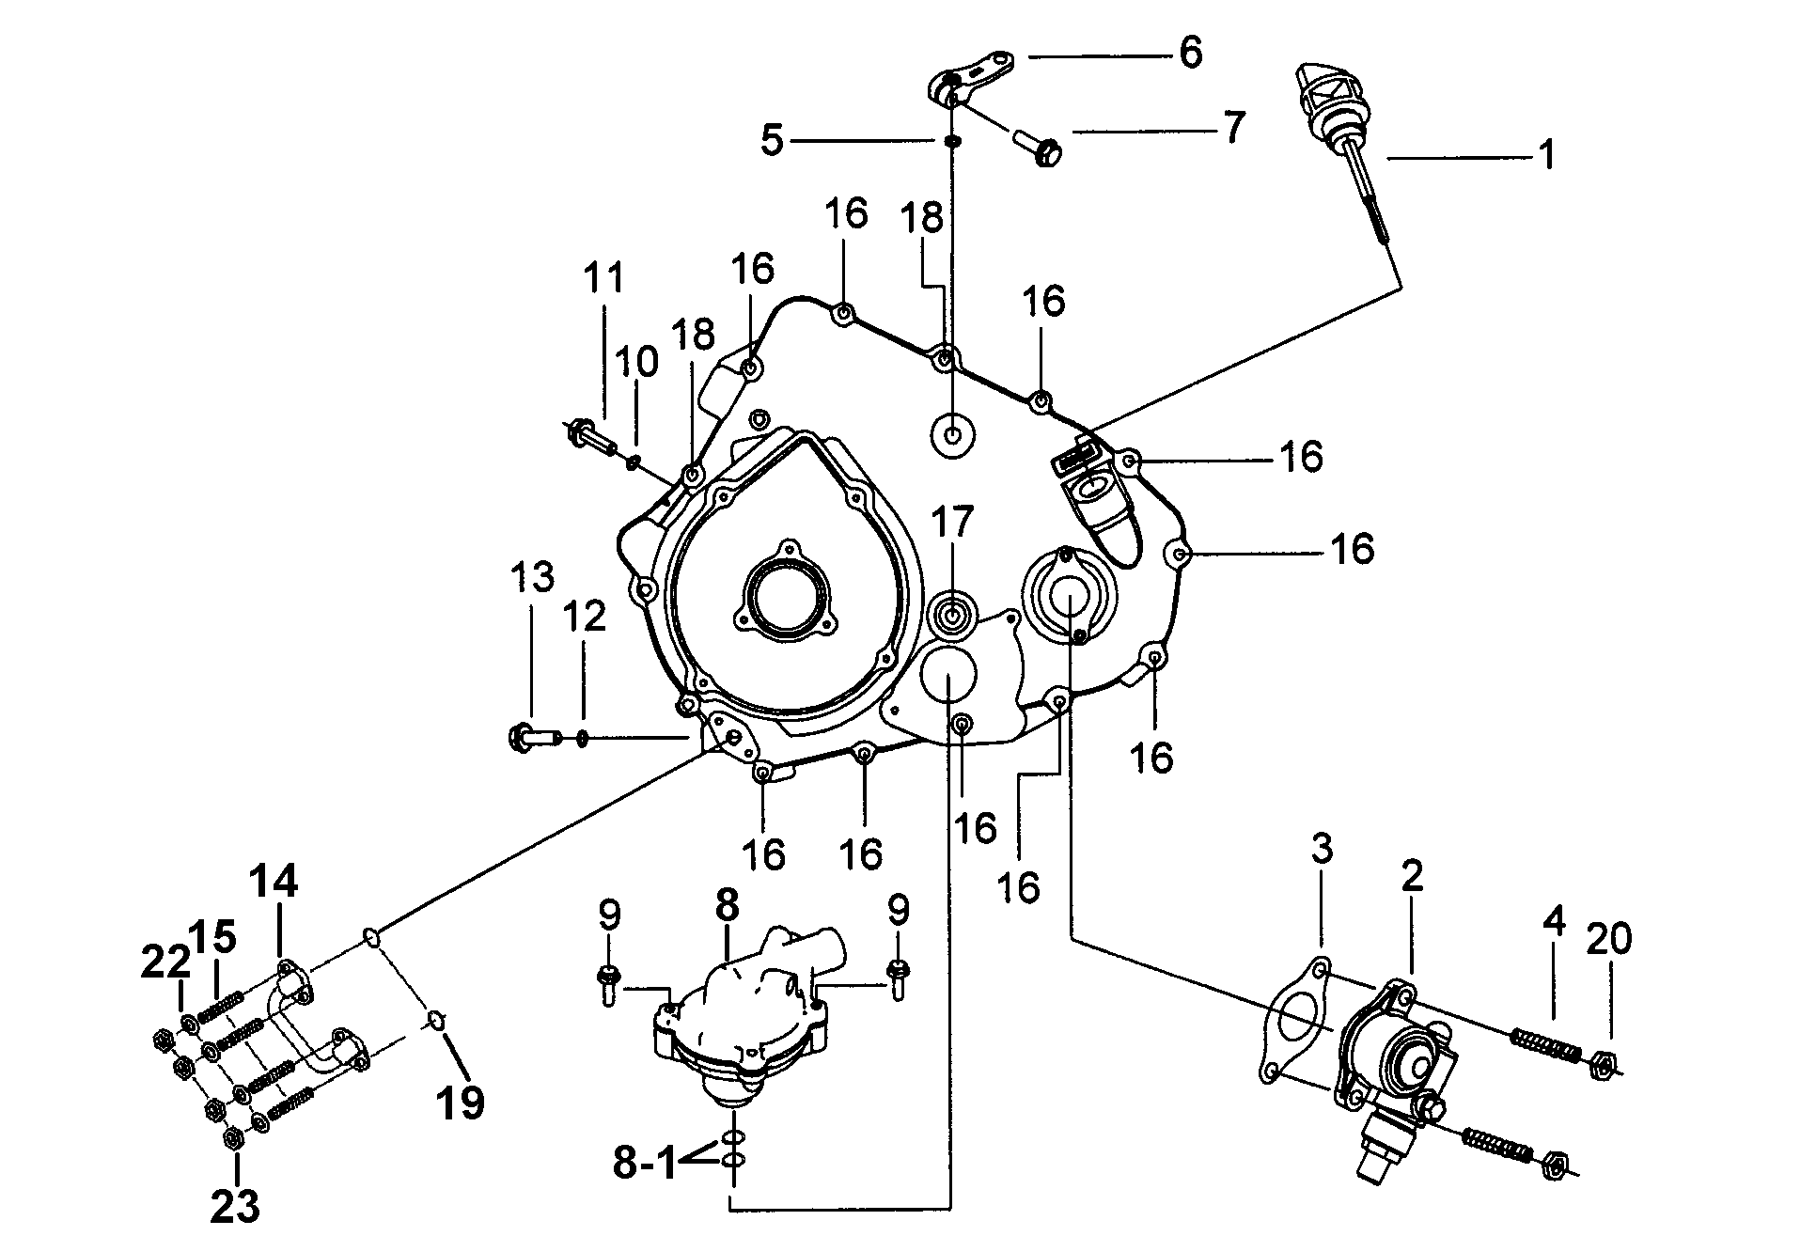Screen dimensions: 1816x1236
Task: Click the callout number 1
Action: pyautogui.click(x=1545, y=155)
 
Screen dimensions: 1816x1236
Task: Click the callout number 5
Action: pyautogui.click(x=771, y=141)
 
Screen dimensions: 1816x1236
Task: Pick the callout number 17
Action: pyautogui.click(x=951, y=522)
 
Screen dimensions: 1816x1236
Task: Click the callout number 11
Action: pyautogui.click(x=603, y=278)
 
